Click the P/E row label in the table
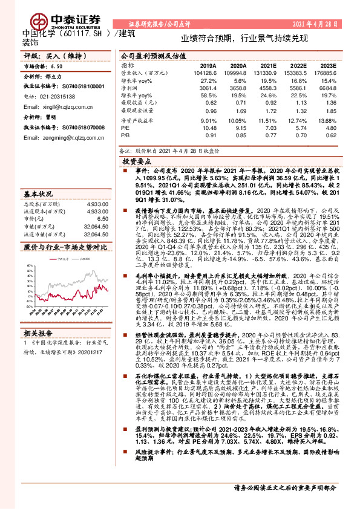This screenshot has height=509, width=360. (125, 128)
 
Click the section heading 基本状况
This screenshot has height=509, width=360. (38, 194)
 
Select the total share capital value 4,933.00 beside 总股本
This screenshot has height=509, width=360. (97, 205)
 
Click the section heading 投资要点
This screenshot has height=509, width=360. (136, 162)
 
